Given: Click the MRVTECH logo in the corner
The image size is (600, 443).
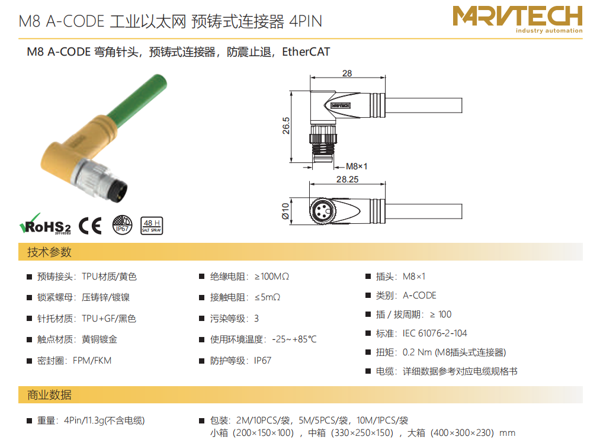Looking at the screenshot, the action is pyautogui.click(x=517, y=19).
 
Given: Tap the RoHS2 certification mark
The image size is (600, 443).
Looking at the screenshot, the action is pyautogui.click(x=45, y=224).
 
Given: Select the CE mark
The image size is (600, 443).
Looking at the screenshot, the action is pyautogui.click(x=90, y=226).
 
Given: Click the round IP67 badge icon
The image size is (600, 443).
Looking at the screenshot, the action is pyautogui.click(x=122, y=225).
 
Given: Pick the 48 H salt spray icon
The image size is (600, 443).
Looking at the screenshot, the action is pyautogui.click(x=152, y=226).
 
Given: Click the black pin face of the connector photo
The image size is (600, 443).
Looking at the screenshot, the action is pyautogui.click(x=117, y=191).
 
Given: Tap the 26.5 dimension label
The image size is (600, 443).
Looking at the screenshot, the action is pyautogui.click(x=286, y=126).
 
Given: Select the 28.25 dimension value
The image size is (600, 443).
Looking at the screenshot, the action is pyautogui.click(x=348, y=179).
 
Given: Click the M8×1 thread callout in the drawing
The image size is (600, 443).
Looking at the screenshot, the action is pyautogui.click(x=357, y=166).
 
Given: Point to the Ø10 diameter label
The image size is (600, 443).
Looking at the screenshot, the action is pyautogui.click(x=285, y=211).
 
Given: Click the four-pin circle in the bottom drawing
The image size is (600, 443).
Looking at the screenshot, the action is pyautogui.click(x=322, y=211).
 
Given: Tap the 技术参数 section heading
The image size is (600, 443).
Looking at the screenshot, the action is pyautogui.click(x=49, y=252).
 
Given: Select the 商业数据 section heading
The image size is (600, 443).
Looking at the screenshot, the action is pyautogui.click(x=49, y=395).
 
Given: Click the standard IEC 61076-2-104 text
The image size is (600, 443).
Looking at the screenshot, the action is pyautogui.click(x=435, y=333).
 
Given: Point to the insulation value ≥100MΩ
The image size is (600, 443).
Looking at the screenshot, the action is pyautogui.click(x=272, y=276).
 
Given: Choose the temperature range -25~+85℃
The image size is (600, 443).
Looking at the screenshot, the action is pyautogui.click(x=294, y=339).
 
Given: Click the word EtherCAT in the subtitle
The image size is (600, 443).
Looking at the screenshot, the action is pyautogui.click(x=306, y=52).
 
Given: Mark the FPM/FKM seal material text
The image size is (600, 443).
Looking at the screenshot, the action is pyautogui.click(x=92, y=360).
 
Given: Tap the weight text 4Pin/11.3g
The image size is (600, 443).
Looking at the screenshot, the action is pyautogui.click(x=84, y=420).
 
